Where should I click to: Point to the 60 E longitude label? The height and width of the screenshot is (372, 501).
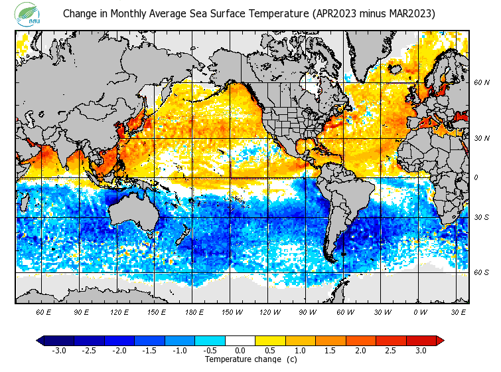(43, 311)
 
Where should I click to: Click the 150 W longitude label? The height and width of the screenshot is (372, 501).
(232, 311)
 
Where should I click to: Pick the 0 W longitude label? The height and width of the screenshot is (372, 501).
(420, 311)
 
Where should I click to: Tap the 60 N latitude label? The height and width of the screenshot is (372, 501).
(481, 82)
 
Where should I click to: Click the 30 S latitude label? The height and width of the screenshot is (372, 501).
(481, 217)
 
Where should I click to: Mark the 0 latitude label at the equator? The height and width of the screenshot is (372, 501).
(476, 177)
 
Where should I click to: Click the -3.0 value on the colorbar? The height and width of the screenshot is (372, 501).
(58, 351)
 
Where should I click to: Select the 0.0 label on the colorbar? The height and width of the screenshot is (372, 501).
(240, 351)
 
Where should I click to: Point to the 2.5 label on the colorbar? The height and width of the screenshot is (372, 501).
(390, 351)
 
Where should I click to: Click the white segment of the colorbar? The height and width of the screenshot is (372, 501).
(240, 341)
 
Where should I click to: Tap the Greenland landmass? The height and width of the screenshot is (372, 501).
(372, 53)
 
